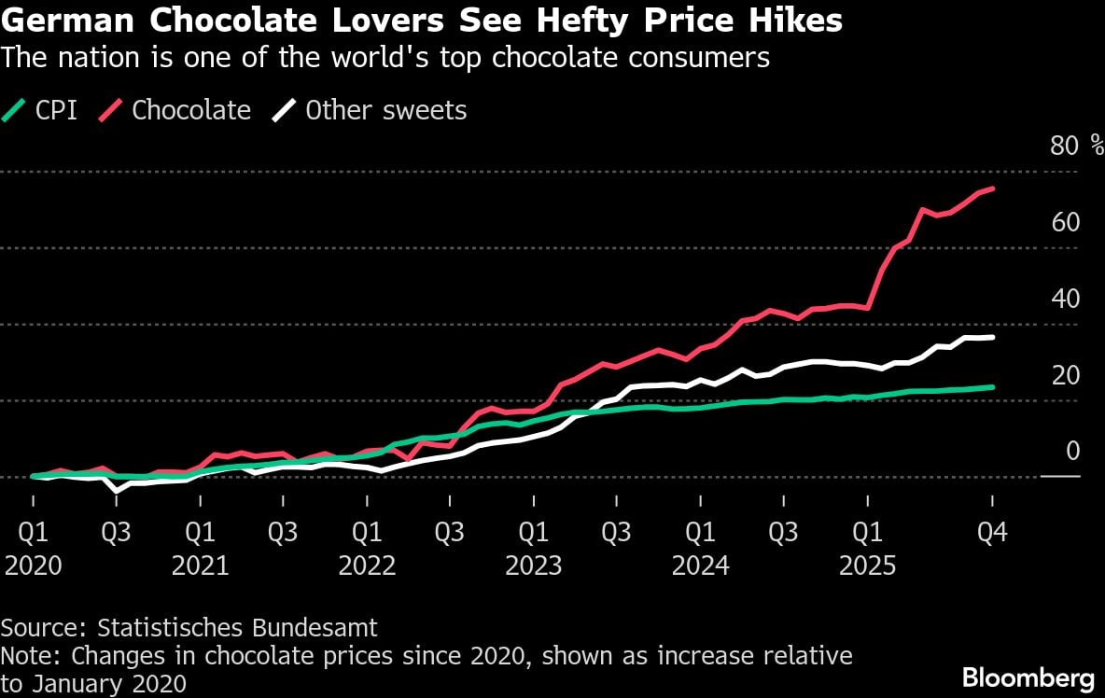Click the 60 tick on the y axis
pos(1066,222)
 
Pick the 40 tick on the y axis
pos(1066,299)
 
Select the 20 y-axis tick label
pos(1066,375)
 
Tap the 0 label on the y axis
pos(1072,452)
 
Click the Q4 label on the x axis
pos(992,533)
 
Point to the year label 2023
pos(533,565)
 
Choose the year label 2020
pos(34,565)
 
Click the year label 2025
pos(867,565)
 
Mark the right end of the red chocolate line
pos(992,188)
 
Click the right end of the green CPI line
pos(992,387)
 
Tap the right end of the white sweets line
pos(992,337)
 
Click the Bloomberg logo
pos(1028,677)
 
